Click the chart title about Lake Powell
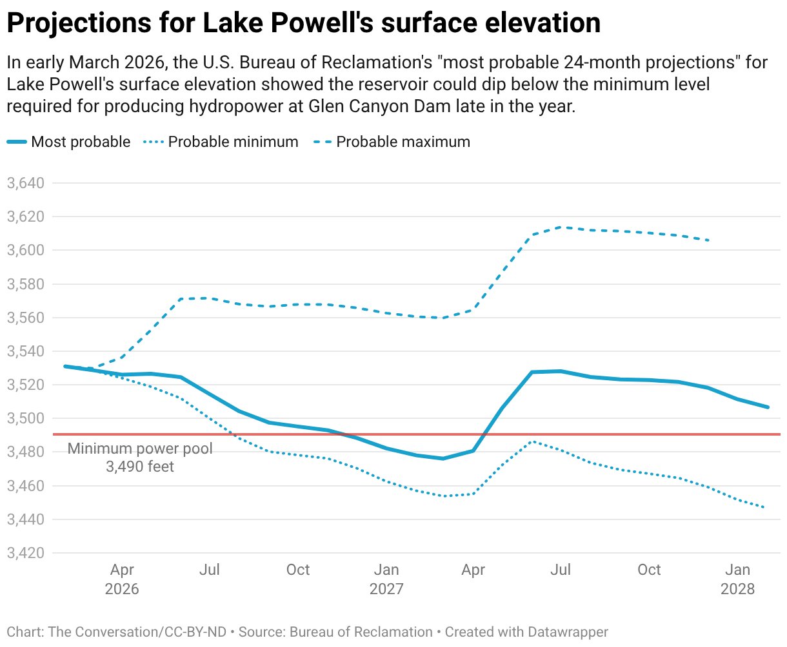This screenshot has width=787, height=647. tap(303, 23)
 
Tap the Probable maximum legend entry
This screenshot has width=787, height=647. tap(393, 142)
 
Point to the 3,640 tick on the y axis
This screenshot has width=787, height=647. tap(26, 183)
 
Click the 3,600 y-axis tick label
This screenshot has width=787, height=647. tap(26, 250)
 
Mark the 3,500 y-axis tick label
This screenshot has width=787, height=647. tap(26, 418)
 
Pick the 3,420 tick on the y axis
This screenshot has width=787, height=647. tap(26, 553)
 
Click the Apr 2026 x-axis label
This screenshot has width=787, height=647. tap(122, 579)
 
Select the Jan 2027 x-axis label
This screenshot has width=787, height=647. tap(386, 579)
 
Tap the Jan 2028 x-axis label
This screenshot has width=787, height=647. tap(737, 579)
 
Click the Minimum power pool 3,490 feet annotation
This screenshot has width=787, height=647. tap(140, 458)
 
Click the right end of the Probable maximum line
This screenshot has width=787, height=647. tap(709, 240)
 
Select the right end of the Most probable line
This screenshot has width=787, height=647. tap(768, 407)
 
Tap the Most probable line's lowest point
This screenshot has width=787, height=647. tap(443, 458)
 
